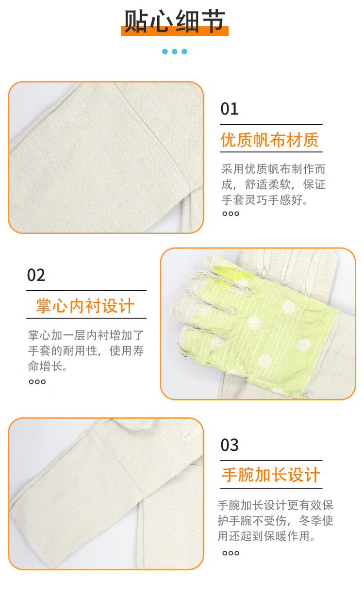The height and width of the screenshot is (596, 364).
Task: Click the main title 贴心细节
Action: coord(175,21)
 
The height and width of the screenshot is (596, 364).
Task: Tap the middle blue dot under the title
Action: coord(175,51)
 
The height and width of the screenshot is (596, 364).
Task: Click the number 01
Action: coord(230,109)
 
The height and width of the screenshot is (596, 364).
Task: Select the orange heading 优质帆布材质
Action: coord(269,140)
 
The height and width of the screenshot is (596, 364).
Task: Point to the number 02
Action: coord(36,275)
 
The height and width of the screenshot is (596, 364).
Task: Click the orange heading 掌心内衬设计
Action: coord(85,306)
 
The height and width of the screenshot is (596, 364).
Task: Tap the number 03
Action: coord(230,445)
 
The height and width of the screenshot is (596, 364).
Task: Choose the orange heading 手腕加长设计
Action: coord(271,475)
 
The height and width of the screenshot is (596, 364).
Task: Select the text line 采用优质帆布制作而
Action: coord(274,169)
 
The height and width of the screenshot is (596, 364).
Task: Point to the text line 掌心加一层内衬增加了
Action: coord(86,335)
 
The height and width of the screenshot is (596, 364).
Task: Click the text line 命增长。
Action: coord(48,366)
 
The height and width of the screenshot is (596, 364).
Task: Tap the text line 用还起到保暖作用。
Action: coord(266,536)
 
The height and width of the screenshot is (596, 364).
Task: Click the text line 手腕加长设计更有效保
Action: coord(275,505)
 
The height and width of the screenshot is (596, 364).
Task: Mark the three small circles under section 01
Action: coord(231,214)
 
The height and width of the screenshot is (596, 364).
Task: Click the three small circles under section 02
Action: coord(37,382)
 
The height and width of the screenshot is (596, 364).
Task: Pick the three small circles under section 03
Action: coord(231,553)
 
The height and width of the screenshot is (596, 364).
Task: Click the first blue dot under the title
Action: coord(165,51)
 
